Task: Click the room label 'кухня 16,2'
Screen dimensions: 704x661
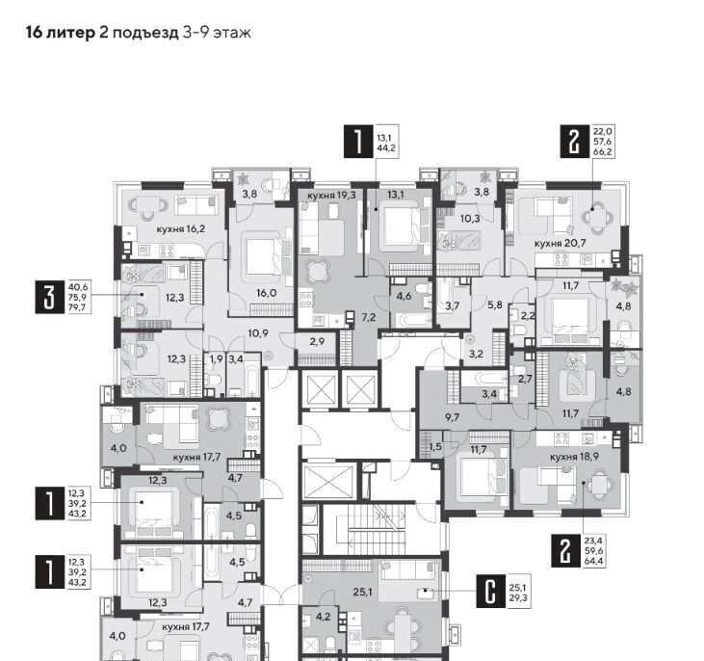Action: [x=180, y=229]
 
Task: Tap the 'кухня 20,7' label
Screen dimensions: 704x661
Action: [x=561, y=244]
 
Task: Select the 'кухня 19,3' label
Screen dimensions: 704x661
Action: [x=331, y=195]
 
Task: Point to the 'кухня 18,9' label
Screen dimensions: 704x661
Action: [x=574, y=457]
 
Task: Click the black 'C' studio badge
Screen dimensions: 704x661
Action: [x=491, y=592]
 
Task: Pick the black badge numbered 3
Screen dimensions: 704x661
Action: [x=50, y=297]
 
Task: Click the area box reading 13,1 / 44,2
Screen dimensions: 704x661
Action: [x=386, y=143]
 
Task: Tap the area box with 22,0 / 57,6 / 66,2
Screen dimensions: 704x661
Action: [x=603, y=142]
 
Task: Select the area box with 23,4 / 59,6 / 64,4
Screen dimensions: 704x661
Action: [x=593, y=551]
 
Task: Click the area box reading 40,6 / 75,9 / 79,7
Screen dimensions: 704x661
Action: [x=78, y=297]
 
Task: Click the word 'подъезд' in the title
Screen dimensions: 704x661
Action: [x=145, y=33]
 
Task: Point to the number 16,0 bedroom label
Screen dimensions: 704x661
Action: [x=266, y=293]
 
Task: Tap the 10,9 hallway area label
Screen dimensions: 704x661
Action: [x=258, y=333]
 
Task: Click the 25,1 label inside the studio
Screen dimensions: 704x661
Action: [x=362, y=592]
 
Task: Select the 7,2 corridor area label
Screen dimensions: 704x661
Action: [x=369, y=318]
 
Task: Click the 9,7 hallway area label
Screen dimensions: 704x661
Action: [x=452, y=417]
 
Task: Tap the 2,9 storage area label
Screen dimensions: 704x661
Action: [x=317, y=341]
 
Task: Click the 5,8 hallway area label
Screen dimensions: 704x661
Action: [x=494, y=304]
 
